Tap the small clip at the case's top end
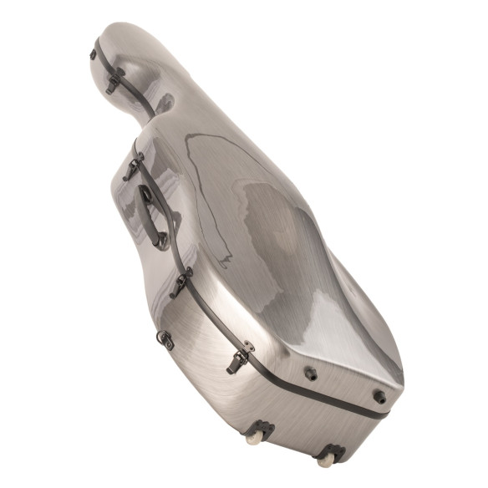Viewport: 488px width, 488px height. point(93,55)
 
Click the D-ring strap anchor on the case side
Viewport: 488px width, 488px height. point(165,339)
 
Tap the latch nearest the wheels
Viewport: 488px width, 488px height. point(238,360)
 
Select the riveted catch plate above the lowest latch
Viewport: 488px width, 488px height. point(247,345)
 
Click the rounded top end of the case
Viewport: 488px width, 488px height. point(125,42)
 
